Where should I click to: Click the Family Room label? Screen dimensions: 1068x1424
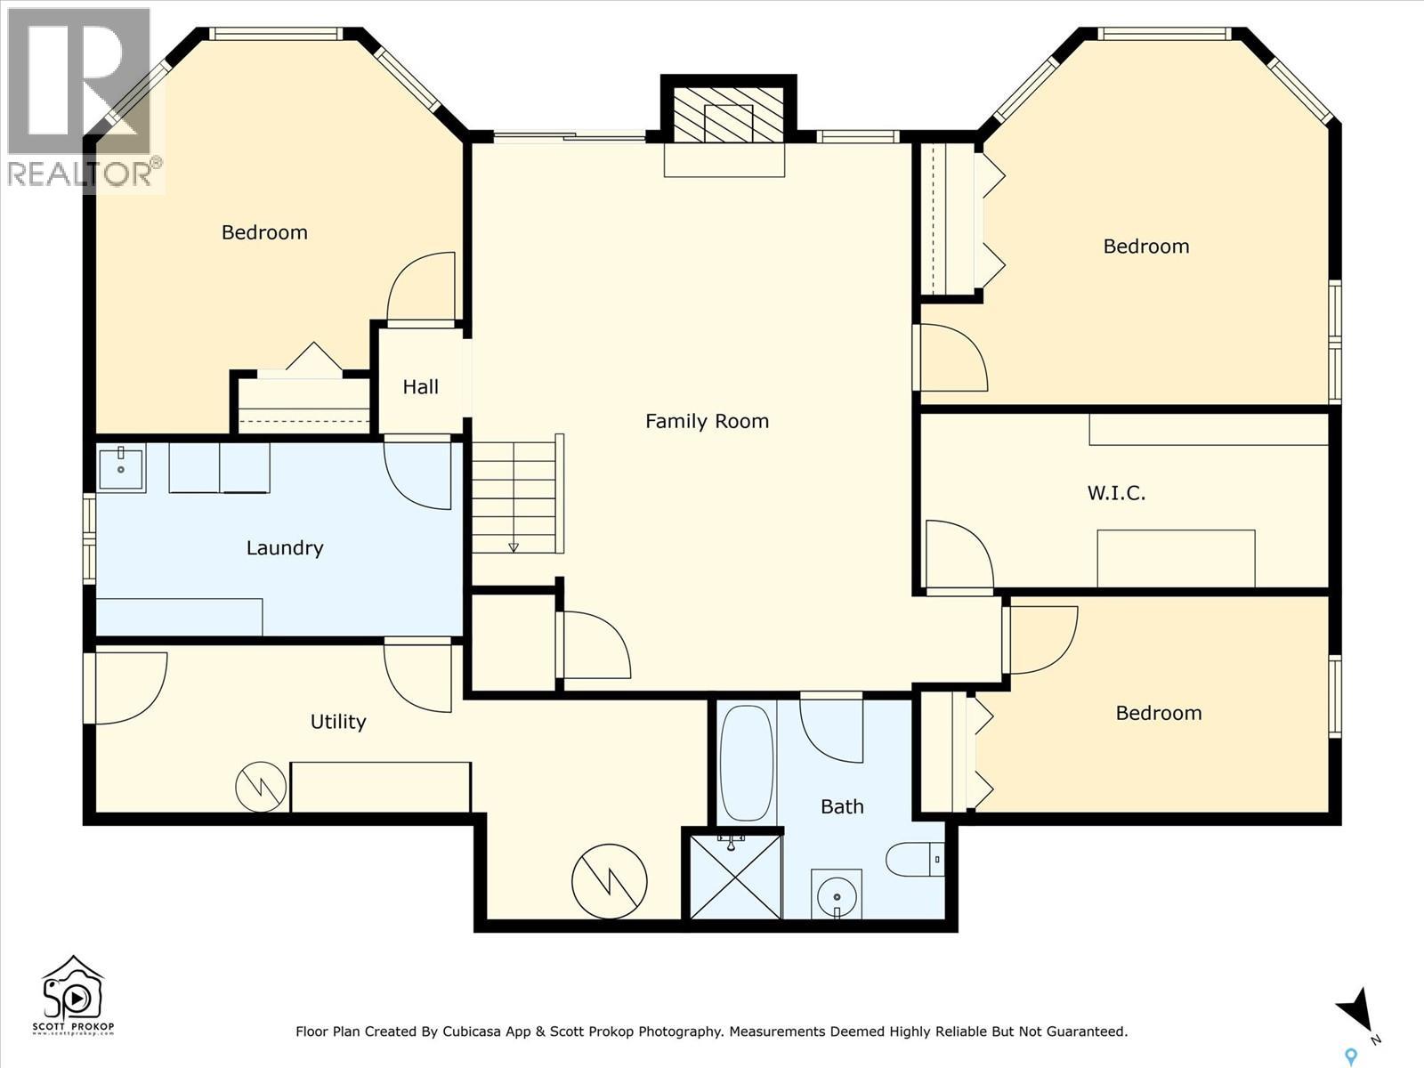[x=707, y=421]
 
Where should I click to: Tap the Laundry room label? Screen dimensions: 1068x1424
[x=284, y=547]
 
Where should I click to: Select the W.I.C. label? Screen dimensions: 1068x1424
[x=1116, y=492]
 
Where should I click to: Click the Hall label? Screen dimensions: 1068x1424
[x=420, y=387]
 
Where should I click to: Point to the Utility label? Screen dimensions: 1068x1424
[x=337, y=722]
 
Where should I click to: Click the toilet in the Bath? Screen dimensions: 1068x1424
[x=913, y=860]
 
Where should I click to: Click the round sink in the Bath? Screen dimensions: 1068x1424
[x=836, y=893]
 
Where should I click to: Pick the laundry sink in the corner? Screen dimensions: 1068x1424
[x=120, y=468]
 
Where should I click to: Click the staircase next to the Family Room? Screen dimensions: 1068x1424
[x=514, y=495]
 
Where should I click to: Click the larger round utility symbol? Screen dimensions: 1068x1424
[x=609, y=881]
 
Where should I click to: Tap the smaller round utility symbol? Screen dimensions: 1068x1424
[x=261, y=786]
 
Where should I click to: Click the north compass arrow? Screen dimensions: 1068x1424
[x=1356, y=1011]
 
